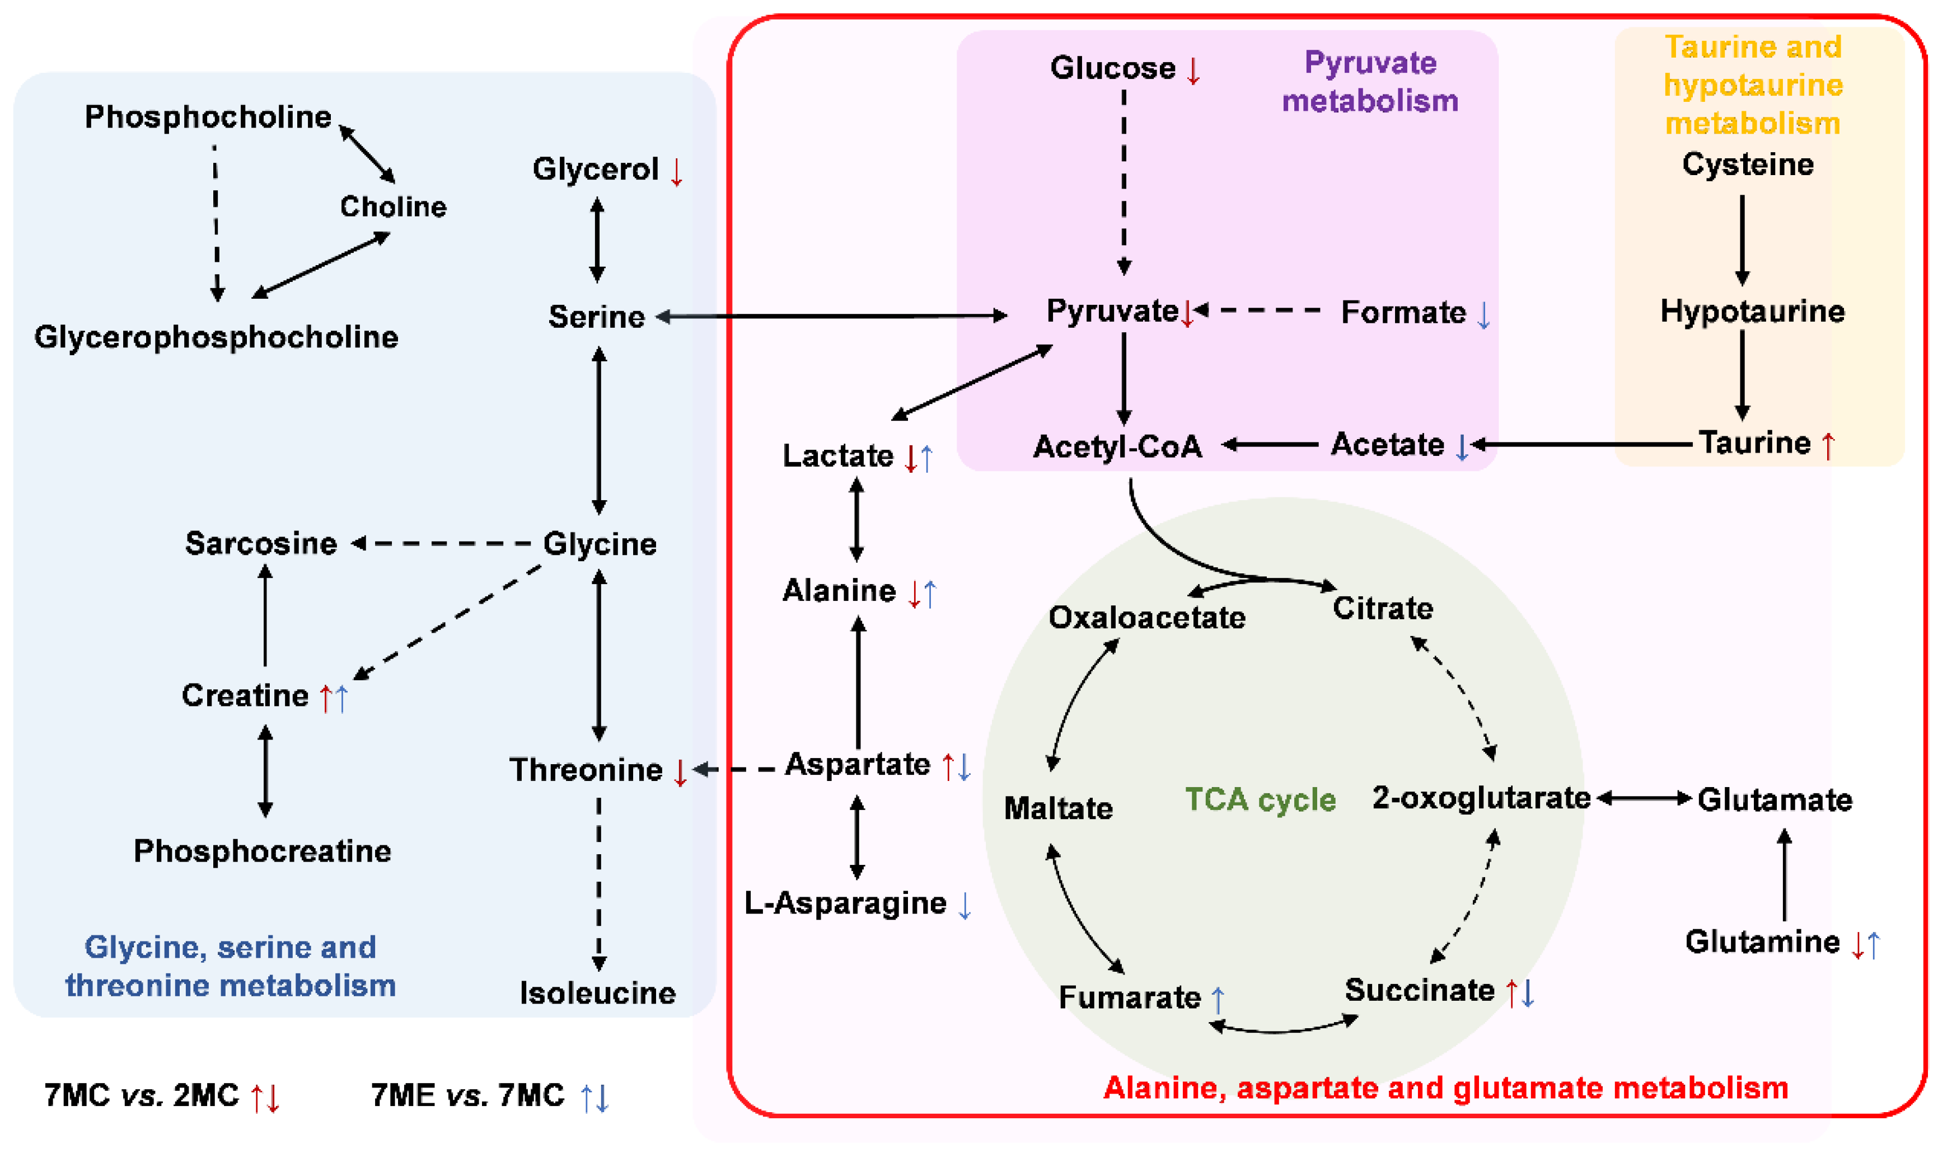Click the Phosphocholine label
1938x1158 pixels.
tap(208, 117)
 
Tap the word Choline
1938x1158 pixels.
tap(393, 207)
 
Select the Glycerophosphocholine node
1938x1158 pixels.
tap(216, 337)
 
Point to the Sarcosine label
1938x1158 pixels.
tap(261, 543)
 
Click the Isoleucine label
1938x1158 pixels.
tap(597, 994)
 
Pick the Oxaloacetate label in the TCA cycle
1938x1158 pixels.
tap(1146, 617)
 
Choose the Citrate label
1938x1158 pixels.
tap(1382, 608)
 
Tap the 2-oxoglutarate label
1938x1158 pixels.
tap(1481, 798)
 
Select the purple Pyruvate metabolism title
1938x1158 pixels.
tap(1370, 82)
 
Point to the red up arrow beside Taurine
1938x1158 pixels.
tap(1828, 445)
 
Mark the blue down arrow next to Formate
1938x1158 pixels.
tap(1483, 314)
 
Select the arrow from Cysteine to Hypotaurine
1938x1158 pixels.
tap(1742, 239)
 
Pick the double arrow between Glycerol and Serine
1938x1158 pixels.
tap(597, 239)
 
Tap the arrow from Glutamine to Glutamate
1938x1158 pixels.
tap(1785, 875)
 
